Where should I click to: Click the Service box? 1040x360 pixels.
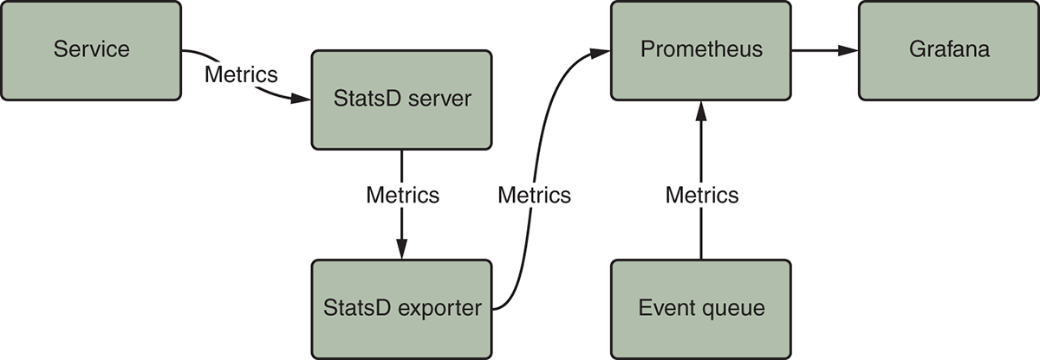[x=91, y=49]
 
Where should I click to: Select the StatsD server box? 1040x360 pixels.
[x=401, y=99]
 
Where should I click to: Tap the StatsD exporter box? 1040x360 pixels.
[x=401, y=308]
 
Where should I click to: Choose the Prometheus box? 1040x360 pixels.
[x=701, y=49]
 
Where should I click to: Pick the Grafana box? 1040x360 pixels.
[x=949, y=49]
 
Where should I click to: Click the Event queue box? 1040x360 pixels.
[x=701, y=308]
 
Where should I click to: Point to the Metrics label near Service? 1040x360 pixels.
[x=241, y=74]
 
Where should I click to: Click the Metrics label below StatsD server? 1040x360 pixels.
[x=402, y=195]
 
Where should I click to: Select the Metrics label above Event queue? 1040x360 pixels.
[x=702, y=195]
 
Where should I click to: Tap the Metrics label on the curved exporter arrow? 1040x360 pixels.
[x=534, y=195]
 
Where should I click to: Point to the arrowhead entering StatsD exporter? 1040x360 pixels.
[x=401, y=250]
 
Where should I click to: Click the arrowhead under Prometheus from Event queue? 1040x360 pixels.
[x=701, y=109]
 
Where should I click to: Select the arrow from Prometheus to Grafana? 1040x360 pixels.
[x=824, y=49]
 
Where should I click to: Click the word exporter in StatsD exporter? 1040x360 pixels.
[x=442, y=308]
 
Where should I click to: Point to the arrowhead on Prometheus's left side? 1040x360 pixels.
[x=601, y=52]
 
